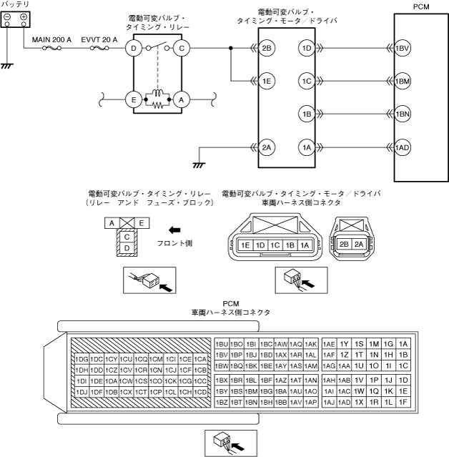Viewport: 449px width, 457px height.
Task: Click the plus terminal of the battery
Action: point(24,17)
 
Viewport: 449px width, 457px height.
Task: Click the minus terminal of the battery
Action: point(8,17)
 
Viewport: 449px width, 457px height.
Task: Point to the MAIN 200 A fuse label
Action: point(51,39)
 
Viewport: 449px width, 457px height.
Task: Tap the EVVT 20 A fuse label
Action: point(99,39)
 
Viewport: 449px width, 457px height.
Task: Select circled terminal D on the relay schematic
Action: point(134,49)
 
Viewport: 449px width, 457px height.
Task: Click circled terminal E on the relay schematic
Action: point(134,99)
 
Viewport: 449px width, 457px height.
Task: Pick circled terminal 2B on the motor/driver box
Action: point(267,49)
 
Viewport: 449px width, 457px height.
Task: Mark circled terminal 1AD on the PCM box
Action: point(403,147)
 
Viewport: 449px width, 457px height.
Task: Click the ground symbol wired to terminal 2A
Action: point(199,165)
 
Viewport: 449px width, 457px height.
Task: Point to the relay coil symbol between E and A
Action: point(158,93)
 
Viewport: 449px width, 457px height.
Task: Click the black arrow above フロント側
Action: point(173,230)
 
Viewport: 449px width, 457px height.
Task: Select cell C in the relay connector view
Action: point(127,236)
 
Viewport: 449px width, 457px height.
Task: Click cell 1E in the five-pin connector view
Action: point(245,245)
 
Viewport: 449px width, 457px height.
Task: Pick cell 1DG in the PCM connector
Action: point(81,359)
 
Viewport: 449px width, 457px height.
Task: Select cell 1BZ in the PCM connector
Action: point(220,403)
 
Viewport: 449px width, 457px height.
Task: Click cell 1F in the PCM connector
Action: point(403,403)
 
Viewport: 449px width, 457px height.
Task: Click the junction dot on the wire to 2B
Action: point(231,49)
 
